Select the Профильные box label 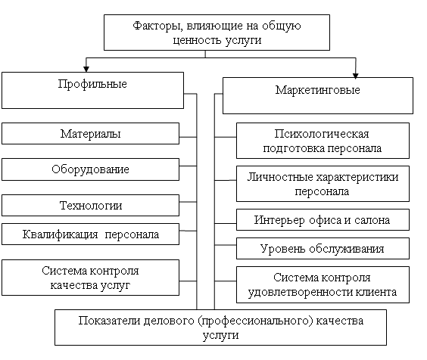(x=92, y=85)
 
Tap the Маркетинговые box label (x=317, y=90)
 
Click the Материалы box (x=90, y=133)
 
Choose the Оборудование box (x=90, y=169)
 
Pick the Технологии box (x=90, y=206)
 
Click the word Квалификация (x=60, y=234)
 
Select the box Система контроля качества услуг (x=90, y=278)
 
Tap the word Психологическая (x=322, y=134)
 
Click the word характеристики (x=357, y=178)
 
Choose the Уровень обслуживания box (x=323, y=248)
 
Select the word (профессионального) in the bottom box (x=255, y=321)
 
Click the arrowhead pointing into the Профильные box (x=86, y=69)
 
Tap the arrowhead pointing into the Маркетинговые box (x=355, y=76)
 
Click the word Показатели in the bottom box (x=110, y=321)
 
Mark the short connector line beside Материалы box (x=188, y=137)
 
